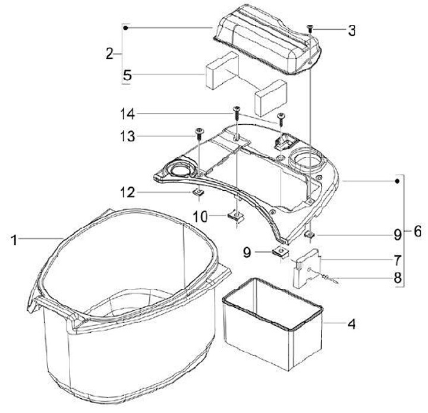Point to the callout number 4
pos(352,324)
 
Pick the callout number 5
pos(127,75)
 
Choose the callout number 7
pos(396,260)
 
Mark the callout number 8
pos(396,277)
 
